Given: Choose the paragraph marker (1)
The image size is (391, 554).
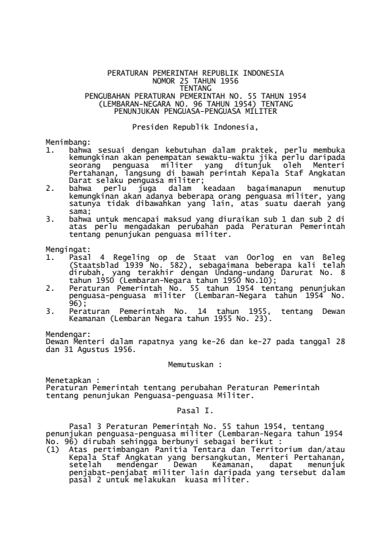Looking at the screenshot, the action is pyautogui.click(x=53, y=449).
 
